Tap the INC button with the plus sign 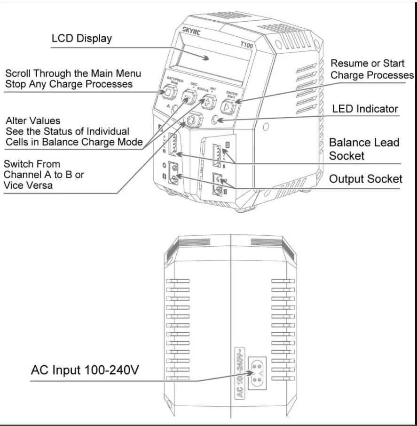[x=208, y=103]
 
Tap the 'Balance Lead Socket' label [x=364, y=149]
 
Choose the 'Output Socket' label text [x=366, y=179]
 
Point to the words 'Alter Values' [x=33, y=121]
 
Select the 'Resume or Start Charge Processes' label [x=372, y=69]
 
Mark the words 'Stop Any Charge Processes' [x=69, y=84]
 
